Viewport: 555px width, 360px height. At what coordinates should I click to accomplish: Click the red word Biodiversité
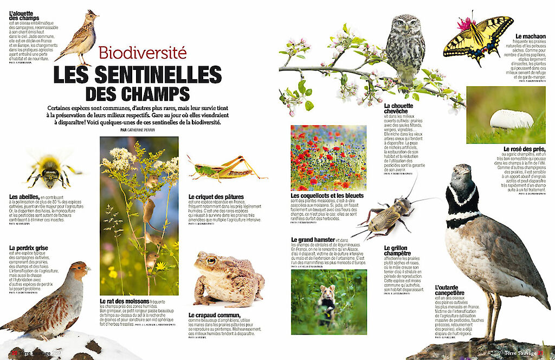143,53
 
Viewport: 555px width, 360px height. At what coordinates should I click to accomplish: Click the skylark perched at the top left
80,38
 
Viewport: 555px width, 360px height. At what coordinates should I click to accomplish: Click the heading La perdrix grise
29,248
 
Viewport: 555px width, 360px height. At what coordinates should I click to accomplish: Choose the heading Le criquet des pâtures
216,196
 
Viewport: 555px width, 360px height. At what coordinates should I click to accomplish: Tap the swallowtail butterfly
477,38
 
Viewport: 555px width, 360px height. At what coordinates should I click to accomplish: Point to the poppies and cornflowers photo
328,158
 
